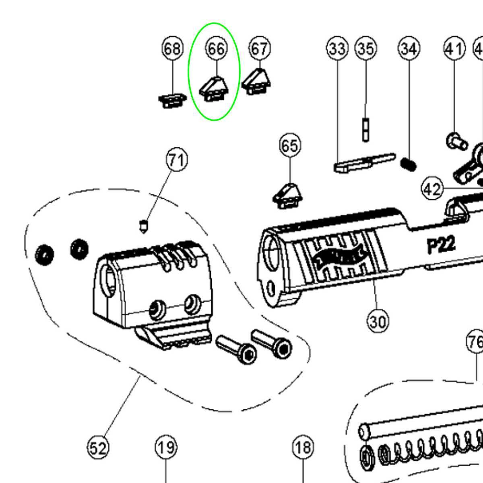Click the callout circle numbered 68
pyautogui.click(x=173, y=49)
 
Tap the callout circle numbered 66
pyautogui.click(x=216, y=49)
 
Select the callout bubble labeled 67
pyautogui.click(x=260, y=49)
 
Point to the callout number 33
pyautogui.click(x=337, y=49)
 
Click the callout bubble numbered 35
pyautogui.click(x=365, y=49)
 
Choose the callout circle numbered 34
pyautogui.click(x=409, y=49)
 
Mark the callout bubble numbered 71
pyautogui.click(x=177, y=160)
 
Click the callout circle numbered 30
pyautogui.click(x=378, y=322)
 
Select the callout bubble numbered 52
pyautogui.click(x=98, y=448)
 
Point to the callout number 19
pyautogui.click(x=166, y=447)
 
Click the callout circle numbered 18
pyautogui.click(x=303, y=447)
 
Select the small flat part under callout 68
pyautogui.click(x=172, y=100)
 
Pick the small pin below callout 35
pyautogui.click(x=365, y=129)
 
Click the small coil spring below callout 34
pyautogui.click(x=409, y=164)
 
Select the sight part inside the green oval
pyautogui.click(x=214, y=89)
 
